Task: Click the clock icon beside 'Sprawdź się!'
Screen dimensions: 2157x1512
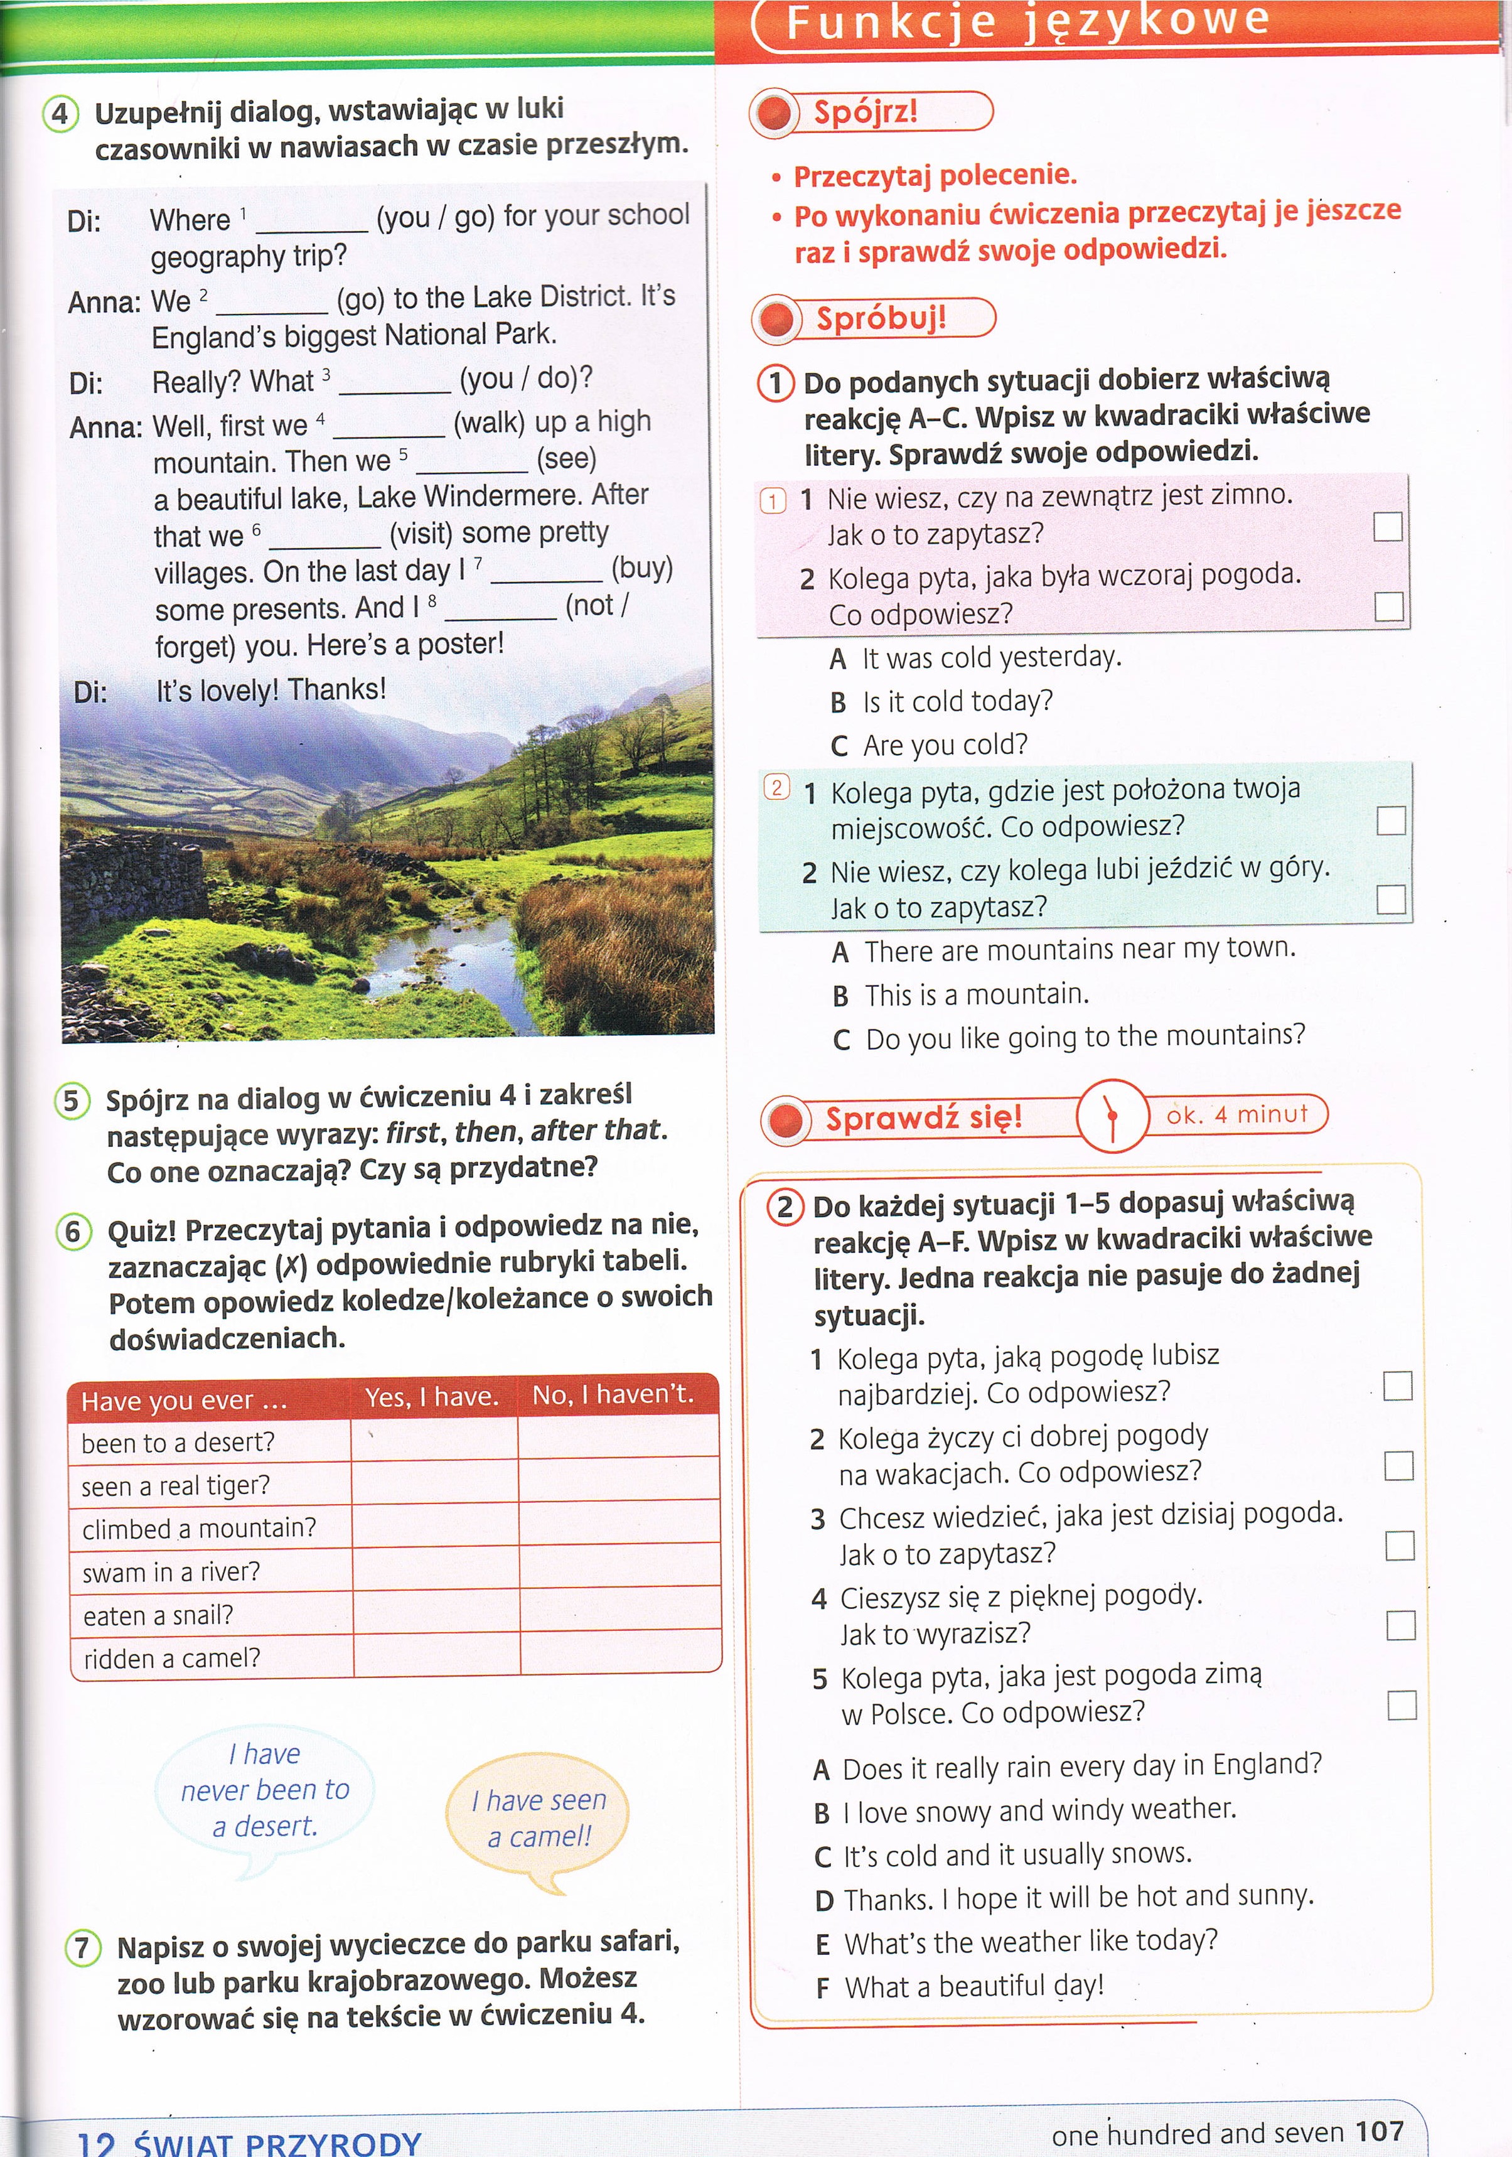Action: pyautogui.click(x=1112, y=1116)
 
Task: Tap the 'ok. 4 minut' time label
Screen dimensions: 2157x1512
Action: pyautogui.click(x=1237, y=1115)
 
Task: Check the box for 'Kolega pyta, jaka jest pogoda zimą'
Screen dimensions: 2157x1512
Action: pyautogui.click(x=1400, y=1705)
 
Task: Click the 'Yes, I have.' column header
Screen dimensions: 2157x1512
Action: pyautogui.click(x=432, y=1397)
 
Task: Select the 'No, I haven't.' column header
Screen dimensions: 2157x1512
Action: pyautogui.click(x=613, y=1395)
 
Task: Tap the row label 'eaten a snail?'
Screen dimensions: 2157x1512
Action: pyautogui.click(x=158, y=1616)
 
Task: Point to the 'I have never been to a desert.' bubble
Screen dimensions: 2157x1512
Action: pyautogui.click(x=265, y=1790)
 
